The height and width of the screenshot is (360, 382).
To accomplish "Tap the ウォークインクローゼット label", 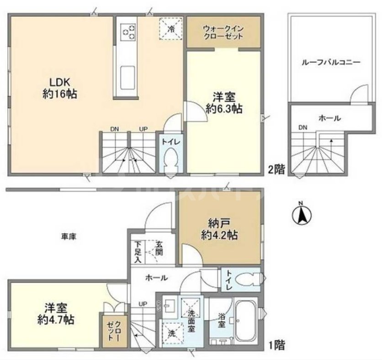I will (224, 32).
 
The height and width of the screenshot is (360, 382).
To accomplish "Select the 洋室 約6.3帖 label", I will (223, 102).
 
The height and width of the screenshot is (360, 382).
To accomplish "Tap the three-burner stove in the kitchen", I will (128, 31).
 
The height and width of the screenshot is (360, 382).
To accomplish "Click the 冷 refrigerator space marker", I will (171, 27).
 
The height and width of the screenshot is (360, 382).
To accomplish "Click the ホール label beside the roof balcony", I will (329, 118).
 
